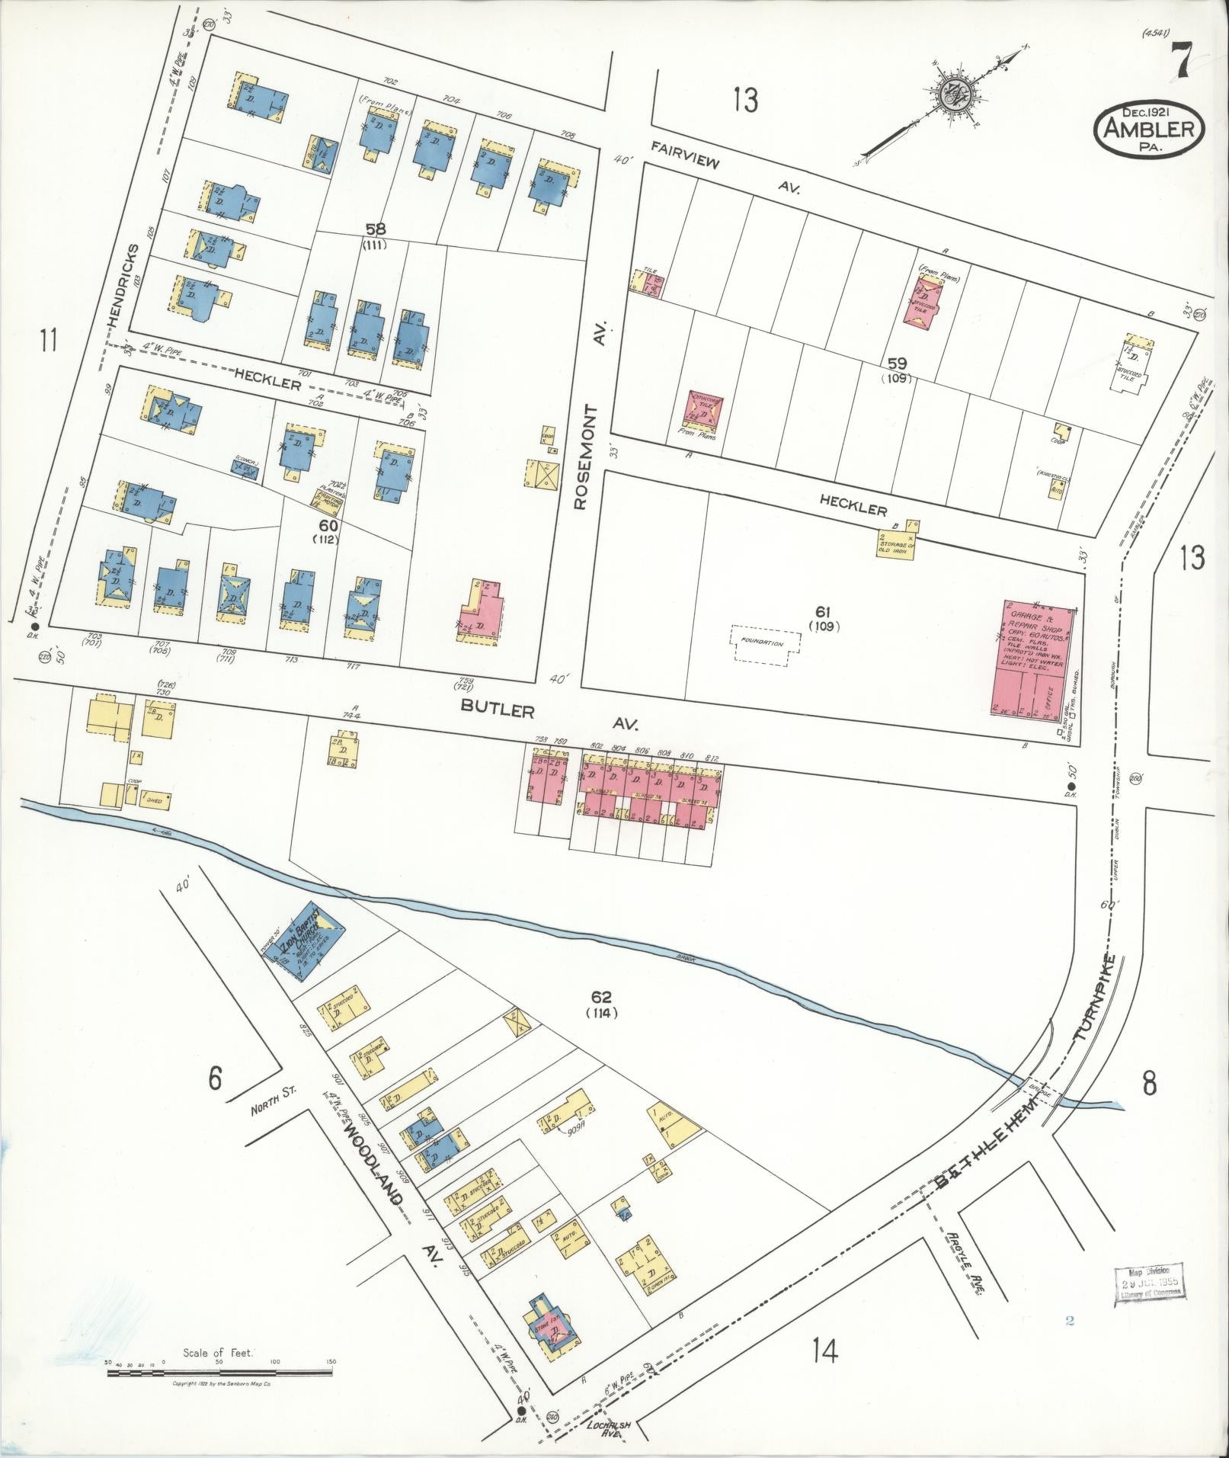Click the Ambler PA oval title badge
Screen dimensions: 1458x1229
click(x=1150, y=130)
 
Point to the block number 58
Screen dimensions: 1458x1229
click(x=375, y=229)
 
